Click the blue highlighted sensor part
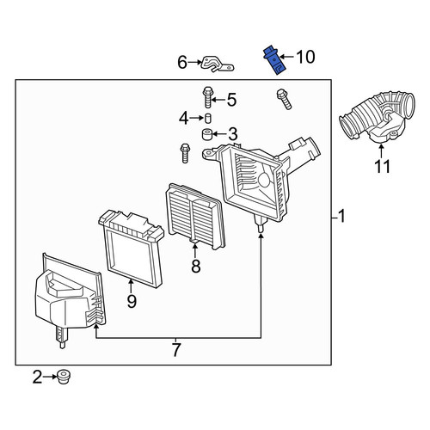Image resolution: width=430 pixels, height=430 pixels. pos(273,60)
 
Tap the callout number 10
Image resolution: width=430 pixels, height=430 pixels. pos(305,57)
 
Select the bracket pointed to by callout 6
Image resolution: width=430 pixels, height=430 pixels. pos(218,64)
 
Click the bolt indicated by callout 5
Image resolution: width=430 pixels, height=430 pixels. pos(207,97)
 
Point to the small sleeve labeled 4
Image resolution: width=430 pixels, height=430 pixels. pos(208,118)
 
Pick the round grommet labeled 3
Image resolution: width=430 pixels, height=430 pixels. pos(207,134)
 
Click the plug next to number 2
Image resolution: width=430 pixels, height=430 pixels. pos(64,377)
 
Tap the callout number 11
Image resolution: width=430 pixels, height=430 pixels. pos(383,167)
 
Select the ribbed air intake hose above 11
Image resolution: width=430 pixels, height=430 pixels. pos(377,118)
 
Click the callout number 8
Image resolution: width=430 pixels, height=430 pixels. pos(196,267)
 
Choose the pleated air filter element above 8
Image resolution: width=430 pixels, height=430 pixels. pos(195,217)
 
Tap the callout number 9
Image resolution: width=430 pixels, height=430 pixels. pos(132,301)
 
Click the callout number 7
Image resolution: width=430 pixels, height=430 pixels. pos(176,349)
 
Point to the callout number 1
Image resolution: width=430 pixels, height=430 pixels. pos(341,216)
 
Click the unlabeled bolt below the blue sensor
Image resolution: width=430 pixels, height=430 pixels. pos(284,99)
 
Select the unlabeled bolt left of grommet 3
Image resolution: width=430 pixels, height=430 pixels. pos(185,153)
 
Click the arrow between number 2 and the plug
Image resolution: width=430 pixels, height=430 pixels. pos(50,377)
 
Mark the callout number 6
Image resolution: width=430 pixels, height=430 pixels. pos(182,62)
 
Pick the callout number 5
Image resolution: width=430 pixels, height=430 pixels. pos(231,100)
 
